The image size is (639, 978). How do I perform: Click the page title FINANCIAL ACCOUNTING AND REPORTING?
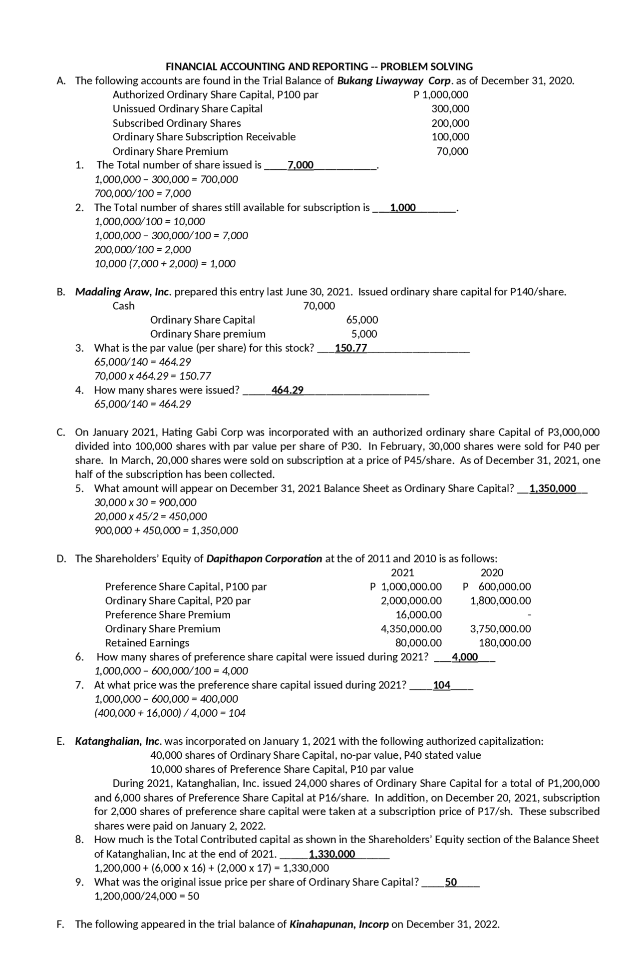pyautogui.click(x=319, y=66)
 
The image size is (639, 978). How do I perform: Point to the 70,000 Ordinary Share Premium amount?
pyautogui.click(x=452, y=151)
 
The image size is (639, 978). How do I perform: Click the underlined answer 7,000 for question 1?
pyautogui.click(x=301, y=165)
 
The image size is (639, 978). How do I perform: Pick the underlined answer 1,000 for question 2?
pyautogui.click(x=402, y=208)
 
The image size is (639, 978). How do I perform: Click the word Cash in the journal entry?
pyautogui.click(x=123, y=306)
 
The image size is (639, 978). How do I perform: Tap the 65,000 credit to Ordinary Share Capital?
pyautogui.click(x=362, y=320)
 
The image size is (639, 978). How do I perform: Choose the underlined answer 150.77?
pyautogui.click(x=351, y=348)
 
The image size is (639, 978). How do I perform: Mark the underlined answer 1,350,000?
pyautogui.click(x=553, y=489)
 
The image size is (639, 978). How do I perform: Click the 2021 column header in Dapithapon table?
pyautogui.click(x=402, y=572)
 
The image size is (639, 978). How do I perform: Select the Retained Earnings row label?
pyautogui.click(x=147, y=643)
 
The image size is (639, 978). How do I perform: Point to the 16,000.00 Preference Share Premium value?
pyautogui.click(x=418, y=615)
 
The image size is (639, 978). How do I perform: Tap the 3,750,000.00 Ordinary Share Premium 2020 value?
pyautogui.click(x=500, y=629)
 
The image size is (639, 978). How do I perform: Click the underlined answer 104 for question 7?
pyautogui.click(x=442, y=685)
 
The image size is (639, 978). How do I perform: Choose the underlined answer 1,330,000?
pyautogui.click(x=332, y=854)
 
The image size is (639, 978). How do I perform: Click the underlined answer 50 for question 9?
pyautogui.click(x=451, y=882)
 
